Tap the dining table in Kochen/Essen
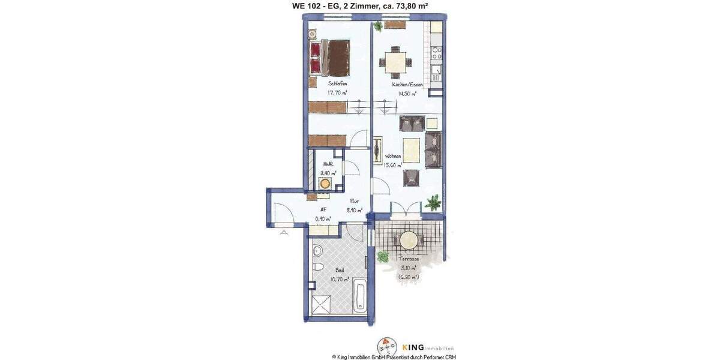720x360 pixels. pos(394,61)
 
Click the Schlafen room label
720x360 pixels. pos(337,84)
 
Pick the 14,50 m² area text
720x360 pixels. pos(404,94)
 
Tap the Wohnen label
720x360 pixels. pos(393,156)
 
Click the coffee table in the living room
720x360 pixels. pos(411,148)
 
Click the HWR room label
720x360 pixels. pos(328,163)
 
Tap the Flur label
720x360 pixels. pos(354,202)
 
